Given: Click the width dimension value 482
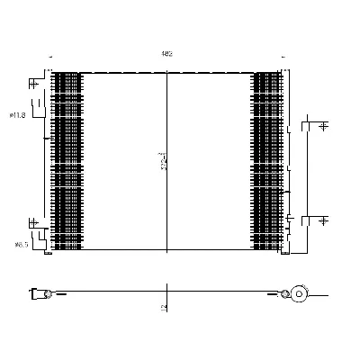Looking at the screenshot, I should pyautogui.click(x=166, y=54).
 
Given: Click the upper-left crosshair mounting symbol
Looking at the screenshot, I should pyautogui.click(x=33, y=85).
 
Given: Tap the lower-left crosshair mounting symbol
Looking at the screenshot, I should pyautogui.click(x=33, y=222).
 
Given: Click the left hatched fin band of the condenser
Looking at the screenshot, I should pyautogui.click(x=67, y=160).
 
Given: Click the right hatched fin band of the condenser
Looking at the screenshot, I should pyautogui.click(x=267, y=160).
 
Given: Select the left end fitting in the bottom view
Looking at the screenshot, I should pyautogui.click(x=39, y=292).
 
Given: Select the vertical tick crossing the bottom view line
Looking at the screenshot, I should pyautogui.click(x=167, y=293).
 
